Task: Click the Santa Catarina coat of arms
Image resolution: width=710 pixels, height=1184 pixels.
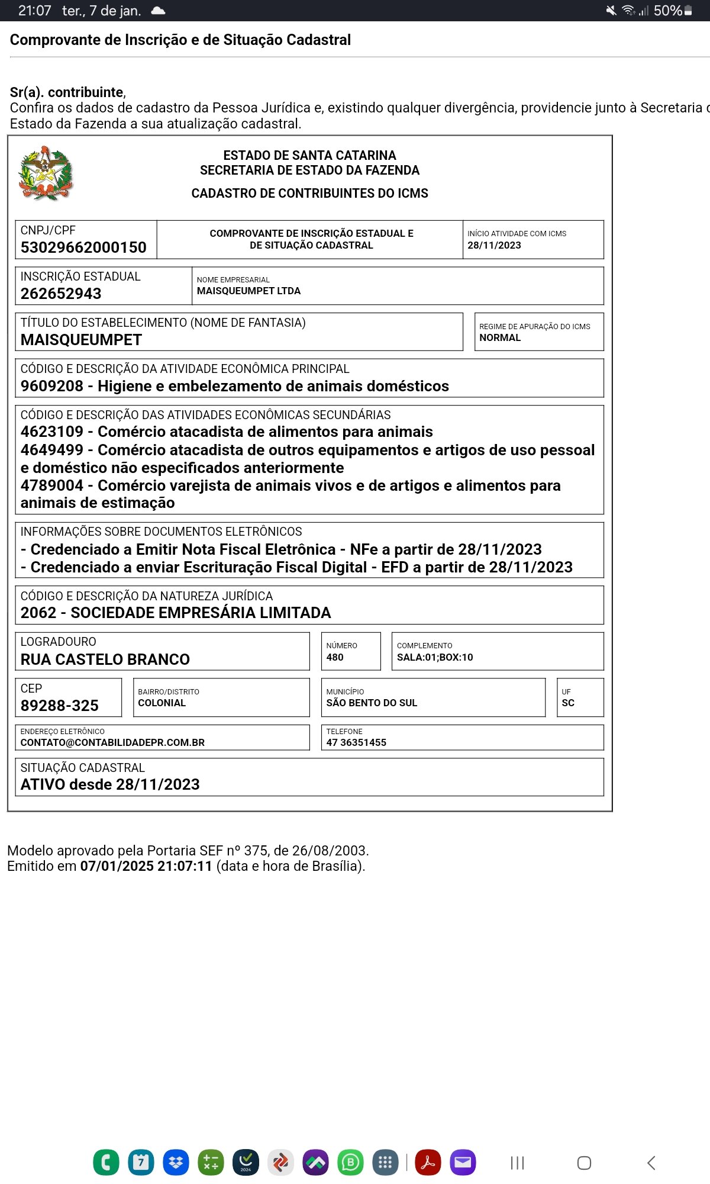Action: (x=46, y=173)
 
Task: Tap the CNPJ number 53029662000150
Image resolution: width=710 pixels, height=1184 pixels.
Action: (x=83, y=247)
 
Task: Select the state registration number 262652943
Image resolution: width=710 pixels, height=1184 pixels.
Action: (x=61, y=294)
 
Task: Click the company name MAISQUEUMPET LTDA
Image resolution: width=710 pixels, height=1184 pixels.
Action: (x=248, y=291)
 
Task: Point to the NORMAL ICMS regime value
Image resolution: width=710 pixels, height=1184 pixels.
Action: (x=500, y=337)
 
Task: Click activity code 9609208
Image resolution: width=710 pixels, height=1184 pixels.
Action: (x=52, y=386)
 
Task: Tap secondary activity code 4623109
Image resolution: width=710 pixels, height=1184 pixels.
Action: (x=52, y=432)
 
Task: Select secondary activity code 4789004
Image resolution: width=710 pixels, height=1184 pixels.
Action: (x=52, y=485)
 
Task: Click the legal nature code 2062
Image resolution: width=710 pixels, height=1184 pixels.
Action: (x=38, y=613)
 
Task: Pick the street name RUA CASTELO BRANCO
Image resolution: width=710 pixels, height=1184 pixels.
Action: (x=105, y=659)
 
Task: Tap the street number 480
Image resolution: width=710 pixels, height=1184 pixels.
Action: (x=335, y=657)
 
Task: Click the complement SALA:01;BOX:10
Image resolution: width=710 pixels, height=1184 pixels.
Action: (x=435, y=657)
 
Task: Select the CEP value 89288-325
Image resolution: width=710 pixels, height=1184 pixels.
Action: (x=60, y=706)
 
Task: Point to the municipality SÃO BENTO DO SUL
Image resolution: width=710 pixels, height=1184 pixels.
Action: (x=372, y=703)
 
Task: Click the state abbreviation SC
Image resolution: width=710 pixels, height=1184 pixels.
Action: (x=568, y=703)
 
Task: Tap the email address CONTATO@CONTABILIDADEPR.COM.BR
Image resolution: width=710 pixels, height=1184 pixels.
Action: (x=112, y=742)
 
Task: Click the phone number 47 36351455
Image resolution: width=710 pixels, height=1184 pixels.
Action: (x=356, y=742)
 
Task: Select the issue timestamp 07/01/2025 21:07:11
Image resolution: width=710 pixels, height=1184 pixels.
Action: (x=146, y=866)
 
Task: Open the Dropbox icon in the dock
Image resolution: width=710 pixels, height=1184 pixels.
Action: (x=176, y=1163)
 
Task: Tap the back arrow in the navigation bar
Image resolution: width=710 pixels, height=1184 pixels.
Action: (x=651, y=1163)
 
